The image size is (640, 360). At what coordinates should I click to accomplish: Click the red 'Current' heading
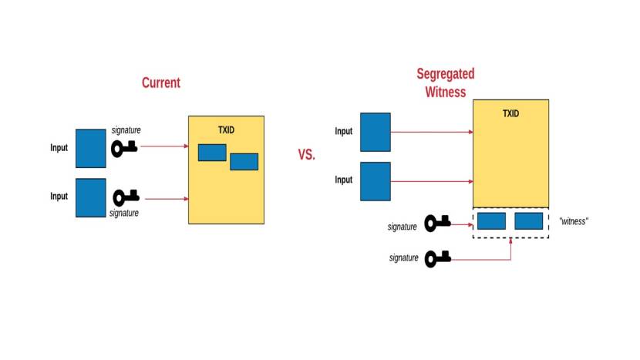tap(160, 82)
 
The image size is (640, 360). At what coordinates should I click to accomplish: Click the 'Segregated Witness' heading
tap(446, 82)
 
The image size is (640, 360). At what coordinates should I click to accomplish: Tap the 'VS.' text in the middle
tap(307, 154)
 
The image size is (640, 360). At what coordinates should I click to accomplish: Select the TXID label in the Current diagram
tap(225, 129)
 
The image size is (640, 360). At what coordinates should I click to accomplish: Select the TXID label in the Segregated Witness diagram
tap(510, 113)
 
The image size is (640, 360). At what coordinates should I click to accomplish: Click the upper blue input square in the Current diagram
tap(91, 148)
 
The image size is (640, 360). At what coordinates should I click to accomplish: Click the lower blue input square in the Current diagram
tap(91, 197)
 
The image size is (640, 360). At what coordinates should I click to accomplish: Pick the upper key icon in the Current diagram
tap(124, 147)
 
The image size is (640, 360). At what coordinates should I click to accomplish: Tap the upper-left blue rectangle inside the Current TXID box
tap(212, 153)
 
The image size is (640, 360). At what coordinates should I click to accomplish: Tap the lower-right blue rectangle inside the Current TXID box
tap(244, 161)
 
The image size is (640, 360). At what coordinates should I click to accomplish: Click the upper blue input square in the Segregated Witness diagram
tap(376, 132)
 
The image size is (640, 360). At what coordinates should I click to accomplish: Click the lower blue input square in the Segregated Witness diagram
tap(376, 181)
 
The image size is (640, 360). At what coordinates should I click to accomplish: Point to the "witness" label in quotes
tap(574, 221)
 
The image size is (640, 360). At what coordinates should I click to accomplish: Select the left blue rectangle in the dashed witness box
tap(491, 221)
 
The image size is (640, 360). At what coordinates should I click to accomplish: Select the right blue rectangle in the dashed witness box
tap(529, 221)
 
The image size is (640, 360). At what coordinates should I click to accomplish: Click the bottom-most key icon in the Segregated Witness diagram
tap(437, 258)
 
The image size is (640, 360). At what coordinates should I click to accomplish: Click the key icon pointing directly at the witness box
tap(437, 224)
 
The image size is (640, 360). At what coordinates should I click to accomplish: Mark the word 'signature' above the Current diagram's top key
tap(126, 130)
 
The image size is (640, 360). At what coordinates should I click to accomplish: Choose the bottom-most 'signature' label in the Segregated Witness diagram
tap(404, 258)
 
